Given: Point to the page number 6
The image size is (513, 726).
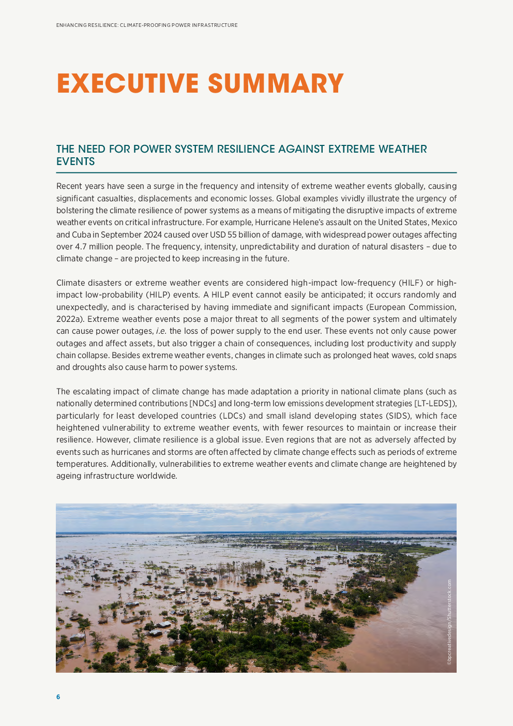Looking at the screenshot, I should point(58,697).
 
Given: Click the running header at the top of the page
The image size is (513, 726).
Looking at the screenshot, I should point(147,25).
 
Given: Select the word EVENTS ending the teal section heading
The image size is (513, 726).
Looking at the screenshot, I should point(76,161).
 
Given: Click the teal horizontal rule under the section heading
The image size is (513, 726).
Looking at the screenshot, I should point(256,172).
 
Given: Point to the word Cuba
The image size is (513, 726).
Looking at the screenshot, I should point(81,234).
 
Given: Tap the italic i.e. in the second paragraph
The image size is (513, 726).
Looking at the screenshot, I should point(161,331).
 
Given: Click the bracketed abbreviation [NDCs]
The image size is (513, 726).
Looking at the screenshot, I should point(203,404).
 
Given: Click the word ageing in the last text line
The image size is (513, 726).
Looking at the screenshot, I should point(69,476).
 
